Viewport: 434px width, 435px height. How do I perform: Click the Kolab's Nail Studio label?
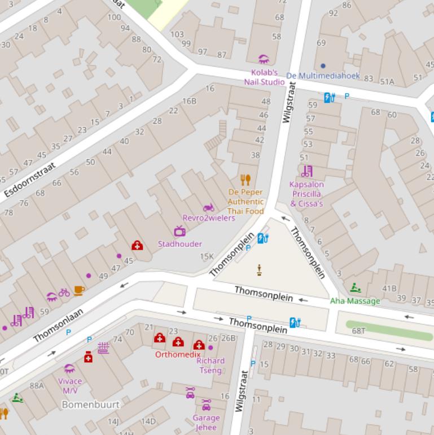pyautogui.click(x=264, y=77)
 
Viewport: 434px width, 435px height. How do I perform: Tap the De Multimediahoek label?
pyautogui.click(x=323, y=76)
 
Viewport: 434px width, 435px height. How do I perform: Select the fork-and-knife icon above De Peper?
pyautogui.click(x=245, y=180)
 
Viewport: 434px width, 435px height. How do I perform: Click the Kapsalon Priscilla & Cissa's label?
pyautogui.click(x=306, y=194)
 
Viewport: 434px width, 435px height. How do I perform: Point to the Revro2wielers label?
pyautogui.click(x=208, y=218)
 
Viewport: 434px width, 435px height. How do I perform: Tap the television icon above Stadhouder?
pyautogui.click(x=179, y=231)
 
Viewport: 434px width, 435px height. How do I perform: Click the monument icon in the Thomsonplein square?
pyautogui.click(x=260, y=270)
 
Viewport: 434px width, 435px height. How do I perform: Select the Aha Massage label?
pyautogui.click(x=355, y=301)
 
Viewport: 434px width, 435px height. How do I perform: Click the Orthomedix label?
pyautogui.click(x=178, y=354)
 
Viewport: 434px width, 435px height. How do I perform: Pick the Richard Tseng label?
pyautogui.click(x=210, y=365)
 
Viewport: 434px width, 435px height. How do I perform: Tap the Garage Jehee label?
pyautogui.click(x=206, y=423)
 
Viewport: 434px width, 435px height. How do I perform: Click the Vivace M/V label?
pyautogui.click(x=70, y=386)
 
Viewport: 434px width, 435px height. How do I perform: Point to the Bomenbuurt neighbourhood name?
pyautogui.click(x=90, y=404)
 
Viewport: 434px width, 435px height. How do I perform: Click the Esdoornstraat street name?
pyautogui.click(x=30, y=180)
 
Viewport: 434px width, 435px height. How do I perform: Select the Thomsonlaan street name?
pyautogui.click(x=58, y=325)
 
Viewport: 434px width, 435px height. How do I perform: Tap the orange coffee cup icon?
pyautogui.click(x=79, y=290)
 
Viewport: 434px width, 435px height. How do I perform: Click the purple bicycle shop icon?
pyautogui.click(x=64, y=292)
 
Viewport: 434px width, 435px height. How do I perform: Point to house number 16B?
pyautogui.click(x=189, y=101)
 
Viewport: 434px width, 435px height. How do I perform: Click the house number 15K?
pyautogui.click(x=207, y=256)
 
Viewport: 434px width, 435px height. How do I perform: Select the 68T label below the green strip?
pyautogui.click(x=358, y=330)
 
